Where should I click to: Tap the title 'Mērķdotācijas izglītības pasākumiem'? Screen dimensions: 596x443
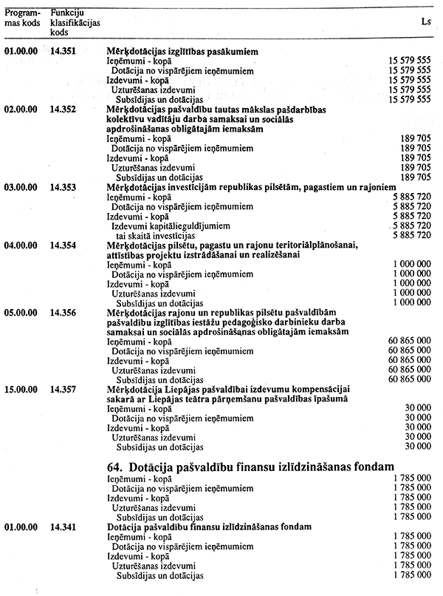[x=187, y=52]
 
